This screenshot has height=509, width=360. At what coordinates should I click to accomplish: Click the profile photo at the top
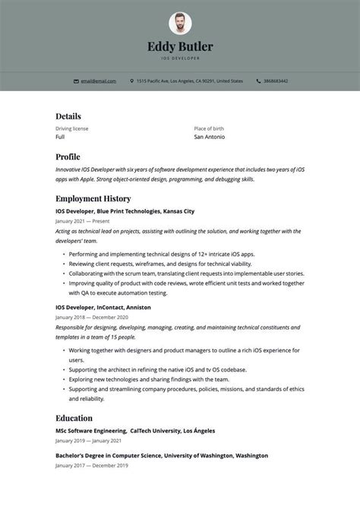tap(180, 23)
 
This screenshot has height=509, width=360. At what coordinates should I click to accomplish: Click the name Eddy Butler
tap(180, 47)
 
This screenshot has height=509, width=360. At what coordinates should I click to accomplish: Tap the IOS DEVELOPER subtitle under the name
tap(180, 58)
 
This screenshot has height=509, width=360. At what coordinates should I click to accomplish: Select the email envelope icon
tap(76, 81)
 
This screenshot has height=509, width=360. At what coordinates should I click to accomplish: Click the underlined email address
tap(98, 81)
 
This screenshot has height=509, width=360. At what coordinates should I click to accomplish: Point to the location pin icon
tap(132, 81)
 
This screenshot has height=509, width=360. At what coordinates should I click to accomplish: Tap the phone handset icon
tap(258, 81)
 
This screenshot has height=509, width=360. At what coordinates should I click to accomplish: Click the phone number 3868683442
tap(276, 81)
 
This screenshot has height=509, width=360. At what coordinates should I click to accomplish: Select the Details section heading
tap(68, 116)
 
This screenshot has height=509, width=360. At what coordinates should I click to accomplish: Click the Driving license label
tap(71, 128)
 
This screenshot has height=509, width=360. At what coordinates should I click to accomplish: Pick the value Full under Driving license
tap(60, 137)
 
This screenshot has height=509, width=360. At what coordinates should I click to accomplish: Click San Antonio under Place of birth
tap(209, 137)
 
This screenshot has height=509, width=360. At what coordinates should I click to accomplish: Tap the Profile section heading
tap(68, 156)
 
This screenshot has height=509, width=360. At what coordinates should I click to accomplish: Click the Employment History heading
tap(93, 198)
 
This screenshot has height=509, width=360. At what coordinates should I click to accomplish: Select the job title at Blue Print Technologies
tap(125, 210)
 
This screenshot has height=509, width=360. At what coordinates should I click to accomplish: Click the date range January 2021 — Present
tap(82, 221)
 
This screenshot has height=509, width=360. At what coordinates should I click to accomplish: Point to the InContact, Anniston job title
tap(103, 307)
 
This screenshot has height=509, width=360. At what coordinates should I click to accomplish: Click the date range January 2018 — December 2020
tap(91, 317)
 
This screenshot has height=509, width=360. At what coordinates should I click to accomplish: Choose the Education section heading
tap(74, 418)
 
